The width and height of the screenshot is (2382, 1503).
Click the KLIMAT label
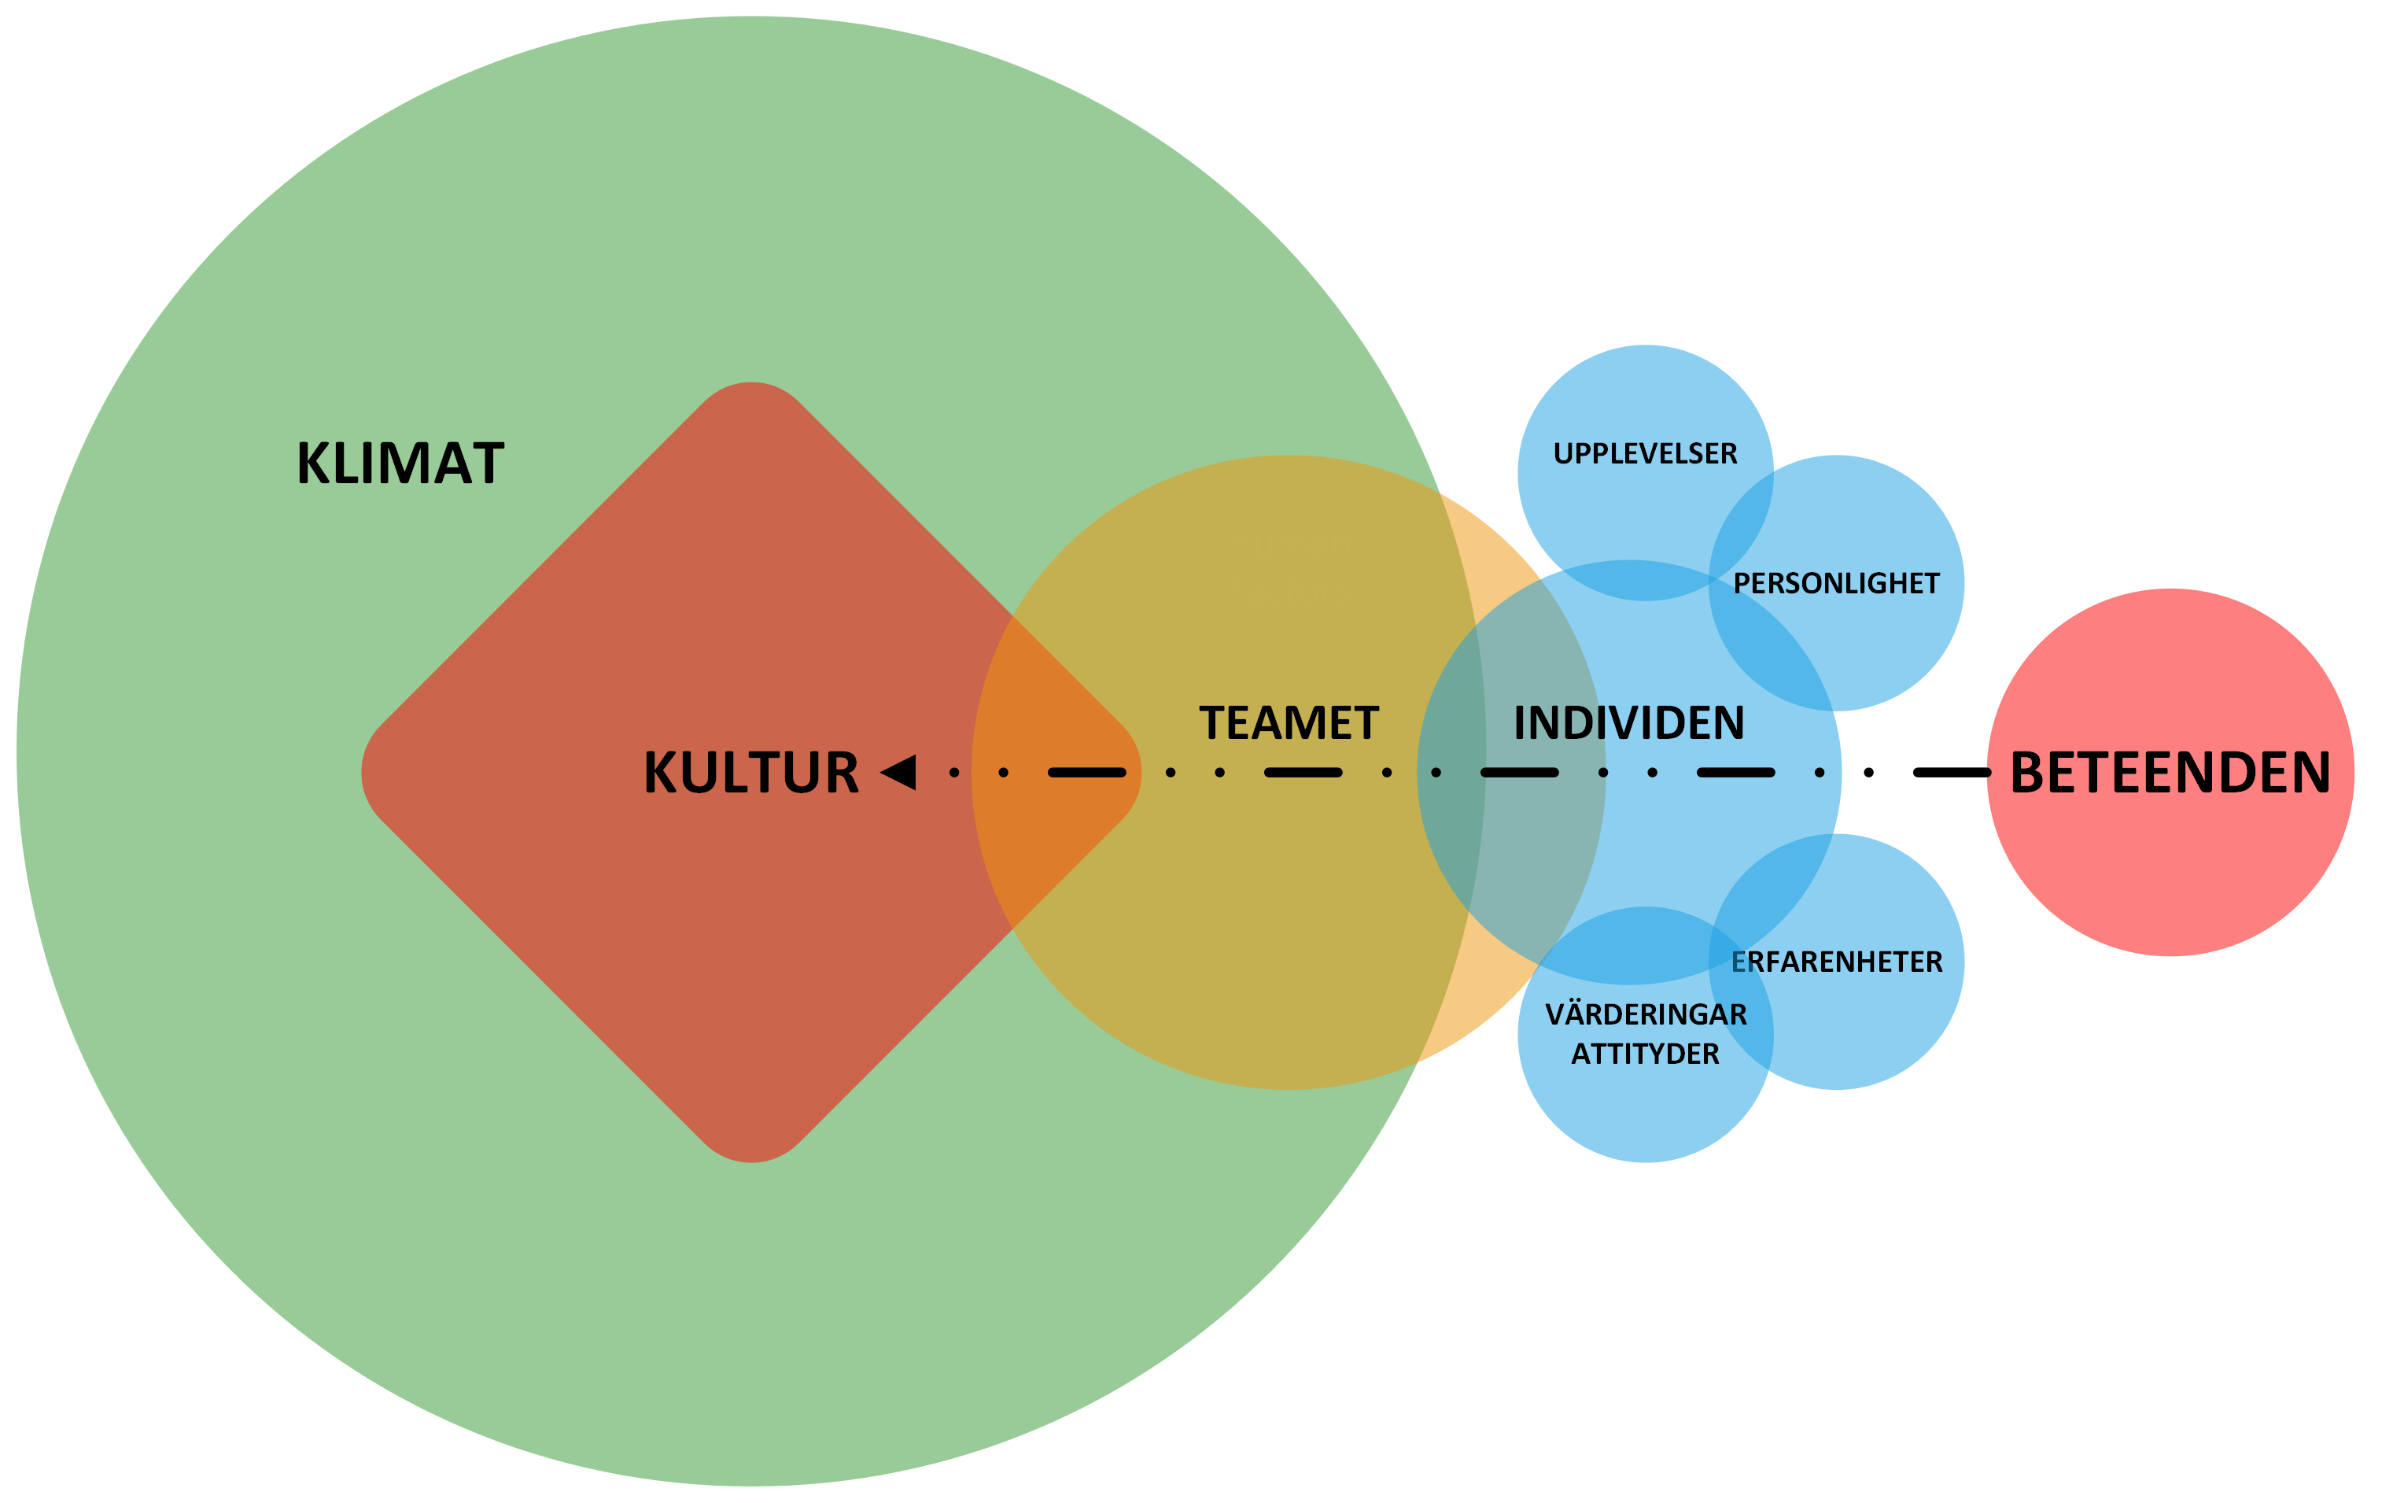click(400, 463)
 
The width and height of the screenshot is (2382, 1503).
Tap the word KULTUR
click(750, 773)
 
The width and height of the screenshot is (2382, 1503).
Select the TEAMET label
click(1289, 723)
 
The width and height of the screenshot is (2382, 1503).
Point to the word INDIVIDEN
click(1629, 723)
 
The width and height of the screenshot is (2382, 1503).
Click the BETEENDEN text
click(2170, 773)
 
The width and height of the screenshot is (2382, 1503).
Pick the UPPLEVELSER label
click(1645, 454)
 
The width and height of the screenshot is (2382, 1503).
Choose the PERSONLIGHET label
click(1836, 584)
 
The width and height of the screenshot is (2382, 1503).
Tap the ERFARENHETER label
click(1837, 962)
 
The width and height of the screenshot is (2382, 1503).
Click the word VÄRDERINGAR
click(1646, 1014)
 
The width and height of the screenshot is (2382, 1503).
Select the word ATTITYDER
click(1645, 1054)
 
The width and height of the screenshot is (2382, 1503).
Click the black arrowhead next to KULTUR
click(899, 772)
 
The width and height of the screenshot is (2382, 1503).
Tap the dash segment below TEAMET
click(1303, 772)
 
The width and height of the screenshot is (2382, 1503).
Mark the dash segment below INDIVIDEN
click(1519, 772)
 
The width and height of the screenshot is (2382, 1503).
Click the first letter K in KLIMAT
click(314, 463)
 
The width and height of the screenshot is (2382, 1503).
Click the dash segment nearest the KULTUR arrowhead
click(1086, 772)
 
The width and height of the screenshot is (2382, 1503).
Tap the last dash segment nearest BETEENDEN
click(1736, 772)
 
